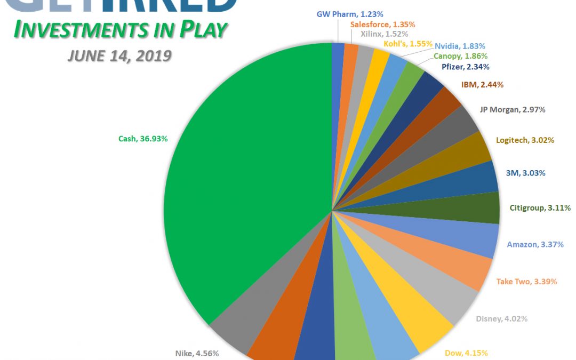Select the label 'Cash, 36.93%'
click(x=143, y=139)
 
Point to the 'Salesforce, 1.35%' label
click(x=382, y=24)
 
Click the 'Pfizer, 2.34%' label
click(x=466, y=67)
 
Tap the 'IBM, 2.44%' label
click(x=482, y=84)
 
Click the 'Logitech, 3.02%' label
click(x=524, y=140)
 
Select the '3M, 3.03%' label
click(x=525, y=173)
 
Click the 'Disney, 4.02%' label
click(x=501, y=319)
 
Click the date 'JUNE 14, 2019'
click(x=119, y=55)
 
